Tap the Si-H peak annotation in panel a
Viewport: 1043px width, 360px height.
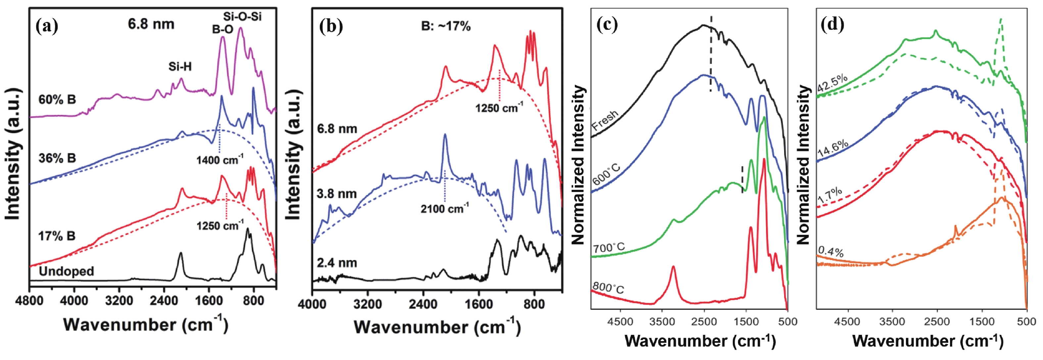pyautogui.click(x=180, y=67)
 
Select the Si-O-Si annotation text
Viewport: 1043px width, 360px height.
pyautogui.click(x=242, y=16)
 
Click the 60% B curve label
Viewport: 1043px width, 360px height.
pyautogui.click(x=57, y=100)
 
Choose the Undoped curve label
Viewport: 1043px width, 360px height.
pyautogui.click(x=67, y=271)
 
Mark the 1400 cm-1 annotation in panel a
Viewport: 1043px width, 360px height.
pyautogui.click(x=220, y=160)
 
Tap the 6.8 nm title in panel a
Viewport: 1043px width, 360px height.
pyautogui.click(x=151, y=24)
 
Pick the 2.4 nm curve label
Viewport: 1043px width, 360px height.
pyautogui.click(x=337, y=263)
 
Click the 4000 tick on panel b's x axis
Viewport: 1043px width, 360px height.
pyautogui.click(x=312, y=304)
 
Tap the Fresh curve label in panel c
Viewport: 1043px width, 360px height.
pyautogui.click(x=605, y=121)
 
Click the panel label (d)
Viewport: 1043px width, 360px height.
pyautogui.click(x=832, y=25)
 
